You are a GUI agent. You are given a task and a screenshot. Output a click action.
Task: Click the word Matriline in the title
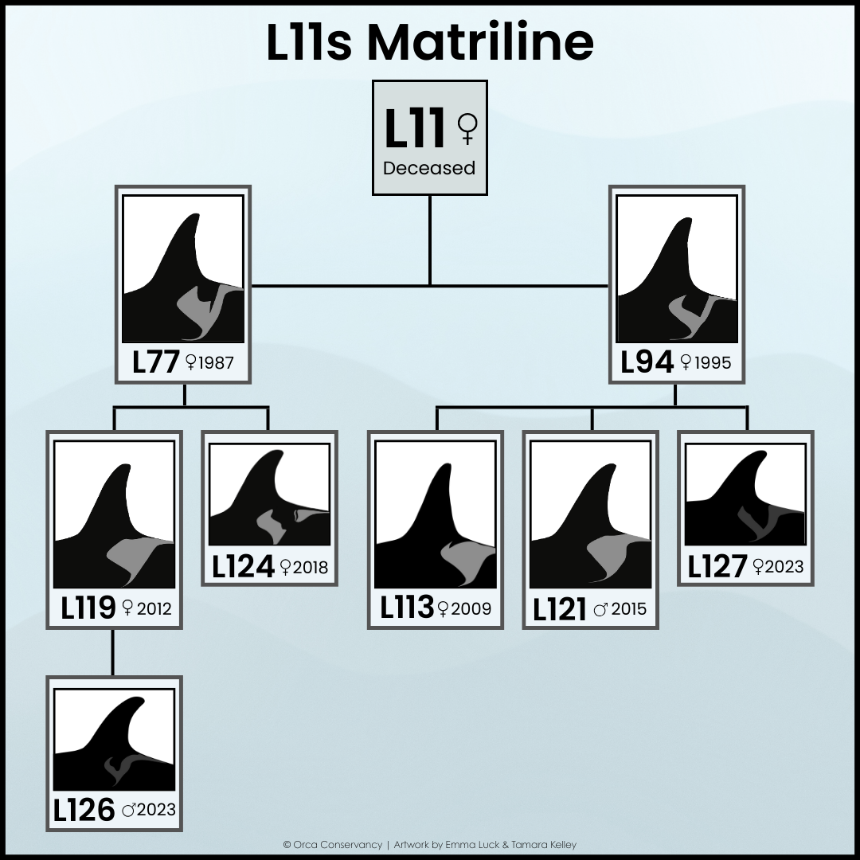[479, 43]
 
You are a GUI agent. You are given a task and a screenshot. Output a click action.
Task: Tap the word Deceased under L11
[429, 168]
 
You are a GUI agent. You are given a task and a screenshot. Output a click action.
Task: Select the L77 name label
[155, 363]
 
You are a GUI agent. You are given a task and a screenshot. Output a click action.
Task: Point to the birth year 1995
[712, 363]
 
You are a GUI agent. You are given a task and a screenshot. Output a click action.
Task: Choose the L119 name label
[88, 609]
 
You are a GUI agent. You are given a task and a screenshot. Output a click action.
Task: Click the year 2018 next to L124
[310, 568]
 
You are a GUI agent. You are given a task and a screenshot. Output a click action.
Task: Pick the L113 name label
[406, 609]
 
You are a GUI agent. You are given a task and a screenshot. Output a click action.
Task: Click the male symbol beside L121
[600, 611]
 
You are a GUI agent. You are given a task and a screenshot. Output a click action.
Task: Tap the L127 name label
[717, 567]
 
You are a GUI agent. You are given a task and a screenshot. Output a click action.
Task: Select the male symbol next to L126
[129, 811]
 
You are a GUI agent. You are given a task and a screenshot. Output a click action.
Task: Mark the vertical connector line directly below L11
[430, 239]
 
